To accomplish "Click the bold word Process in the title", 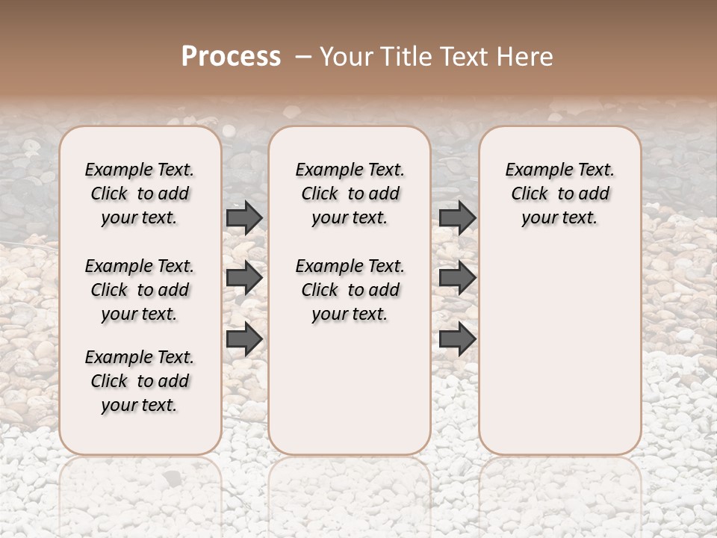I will tap(231, 57).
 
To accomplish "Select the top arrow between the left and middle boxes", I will tap(244, 217).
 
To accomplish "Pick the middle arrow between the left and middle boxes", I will tap(244, 278).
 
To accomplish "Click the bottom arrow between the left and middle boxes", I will tap(244, 339).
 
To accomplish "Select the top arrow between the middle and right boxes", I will tap(457, 217).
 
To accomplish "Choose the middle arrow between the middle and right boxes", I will tap(457, 278).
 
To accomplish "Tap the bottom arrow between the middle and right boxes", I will tap(457, 339).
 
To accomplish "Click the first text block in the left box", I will tap(140, 194).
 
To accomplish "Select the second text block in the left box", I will tap(140, 290).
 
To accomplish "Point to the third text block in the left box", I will tap(140, 381).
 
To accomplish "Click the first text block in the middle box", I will tap(350, 194).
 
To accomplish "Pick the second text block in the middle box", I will tap(350, 290).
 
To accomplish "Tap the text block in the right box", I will tap(560, 194).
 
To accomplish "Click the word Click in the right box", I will tap(530, 194).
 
